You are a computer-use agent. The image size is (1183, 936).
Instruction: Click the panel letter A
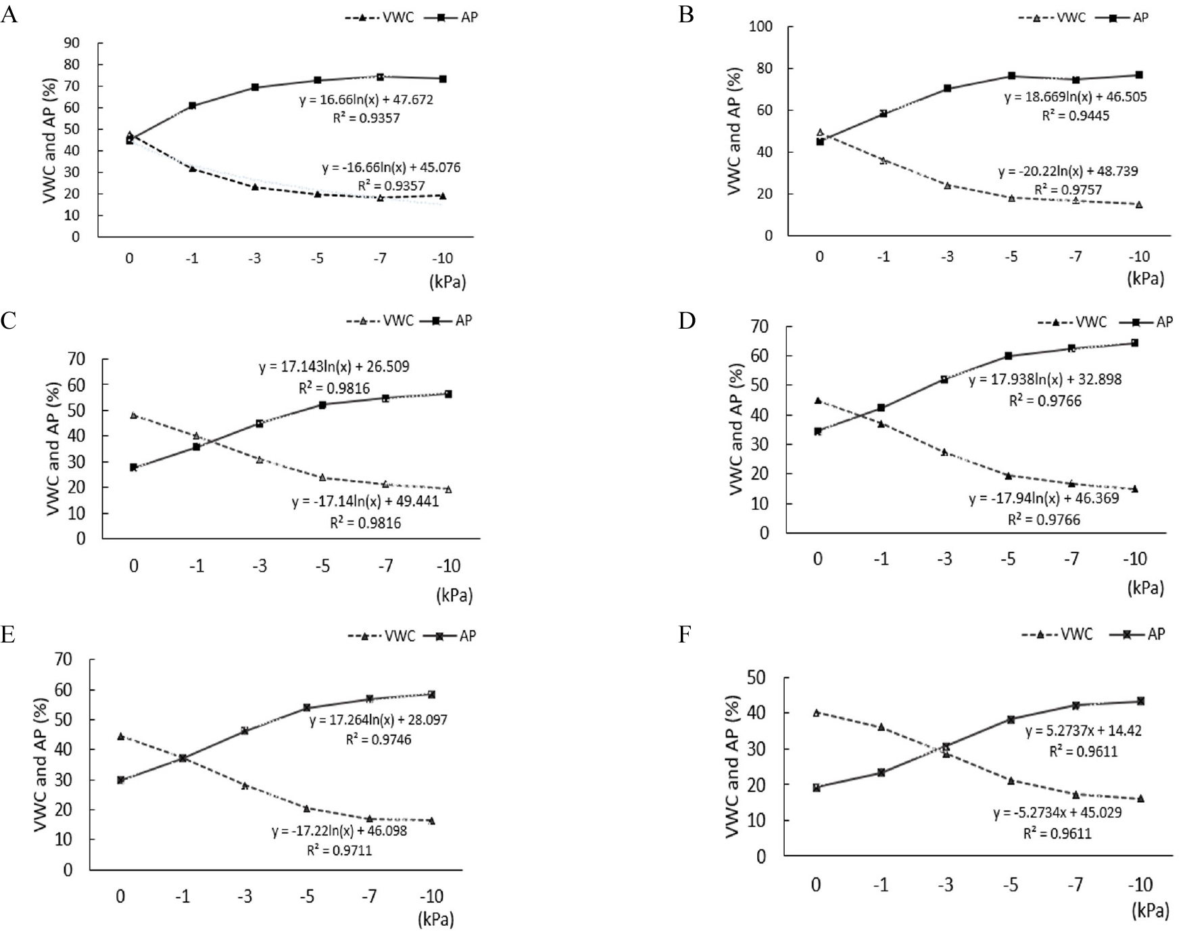tap(9, 14)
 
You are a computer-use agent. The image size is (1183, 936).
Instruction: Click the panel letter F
tap(685, 636)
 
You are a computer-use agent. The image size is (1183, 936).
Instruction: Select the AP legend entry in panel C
tap(463, 320)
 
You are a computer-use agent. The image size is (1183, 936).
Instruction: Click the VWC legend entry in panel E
tap(400, 636)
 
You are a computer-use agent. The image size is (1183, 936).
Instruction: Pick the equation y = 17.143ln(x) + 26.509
tap(334, 367)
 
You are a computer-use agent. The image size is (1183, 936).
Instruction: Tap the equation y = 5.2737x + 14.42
tap(1084, 731)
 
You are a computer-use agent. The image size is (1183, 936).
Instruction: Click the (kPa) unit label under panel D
tap(1145, 588)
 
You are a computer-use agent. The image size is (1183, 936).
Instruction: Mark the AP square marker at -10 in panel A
tap(443, 78)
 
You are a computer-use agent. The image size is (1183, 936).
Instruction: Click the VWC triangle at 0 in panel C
tap(134, 415)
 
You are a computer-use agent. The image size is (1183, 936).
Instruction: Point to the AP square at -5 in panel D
tap(1008, 356)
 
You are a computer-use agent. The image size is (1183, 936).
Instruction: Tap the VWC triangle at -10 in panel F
tap(1140, 798)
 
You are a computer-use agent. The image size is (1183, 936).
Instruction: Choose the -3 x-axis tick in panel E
tap(245, 896)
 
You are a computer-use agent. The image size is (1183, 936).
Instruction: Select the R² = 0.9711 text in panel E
tap(339, 850)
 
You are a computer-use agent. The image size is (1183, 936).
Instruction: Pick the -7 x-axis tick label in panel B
tap(1075, 257)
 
